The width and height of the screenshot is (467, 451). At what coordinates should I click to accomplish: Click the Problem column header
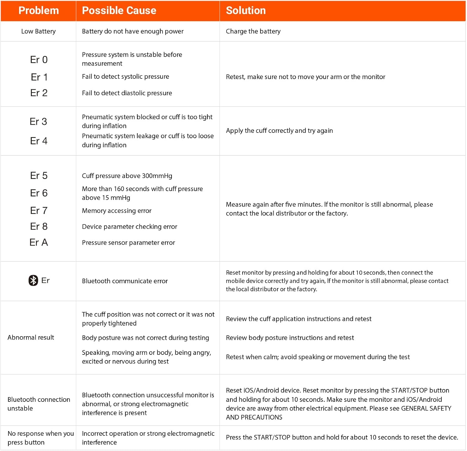tap(39, 11)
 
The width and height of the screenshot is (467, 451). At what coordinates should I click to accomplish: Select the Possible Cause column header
tap(119, 11)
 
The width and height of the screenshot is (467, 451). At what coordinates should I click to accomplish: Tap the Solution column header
tap(246, 11)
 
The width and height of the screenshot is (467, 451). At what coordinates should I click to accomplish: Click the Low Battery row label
tap(38, 31)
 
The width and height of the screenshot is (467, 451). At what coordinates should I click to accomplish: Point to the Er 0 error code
tap(39, 60)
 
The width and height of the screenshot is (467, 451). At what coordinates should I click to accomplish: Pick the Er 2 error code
tap(39, 93)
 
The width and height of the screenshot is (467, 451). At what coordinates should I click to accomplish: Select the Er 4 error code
tap(39, 141)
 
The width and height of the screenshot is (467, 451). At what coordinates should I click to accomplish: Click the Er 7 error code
tap(39, 211)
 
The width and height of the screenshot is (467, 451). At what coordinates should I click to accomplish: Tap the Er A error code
tap(39, 242)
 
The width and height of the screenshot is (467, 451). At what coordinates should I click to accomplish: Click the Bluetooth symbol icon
tap(33, 280)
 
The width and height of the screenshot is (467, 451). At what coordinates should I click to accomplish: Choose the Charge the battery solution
tap(253, 31)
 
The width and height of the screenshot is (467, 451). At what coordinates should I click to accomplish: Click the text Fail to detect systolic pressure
tap(125, 77)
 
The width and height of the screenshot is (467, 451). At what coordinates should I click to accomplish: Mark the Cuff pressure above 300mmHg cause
tap(127, 176)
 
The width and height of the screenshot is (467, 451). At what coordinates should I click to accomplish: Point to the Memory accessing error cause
tap(117, 211)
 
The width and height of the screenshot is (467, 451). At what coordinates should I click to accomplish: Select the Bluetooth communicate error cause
tap(125, 281)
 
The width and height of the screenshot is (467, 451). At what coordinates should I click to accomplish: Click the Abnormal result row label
tap(31, 337)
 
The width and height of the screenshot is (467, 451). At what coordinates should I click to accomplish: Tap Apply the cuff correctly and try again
tap(279, 131)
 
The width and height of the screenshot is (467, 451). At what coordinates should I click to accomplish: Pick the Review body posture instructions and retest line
tap(290, 338)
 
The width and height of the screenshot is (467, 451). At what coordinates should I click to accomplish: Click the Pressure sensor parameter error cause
tap(128, 242)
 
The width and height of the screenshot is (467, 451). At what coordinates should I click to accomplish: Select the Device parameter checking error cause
tap(130, 227)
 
